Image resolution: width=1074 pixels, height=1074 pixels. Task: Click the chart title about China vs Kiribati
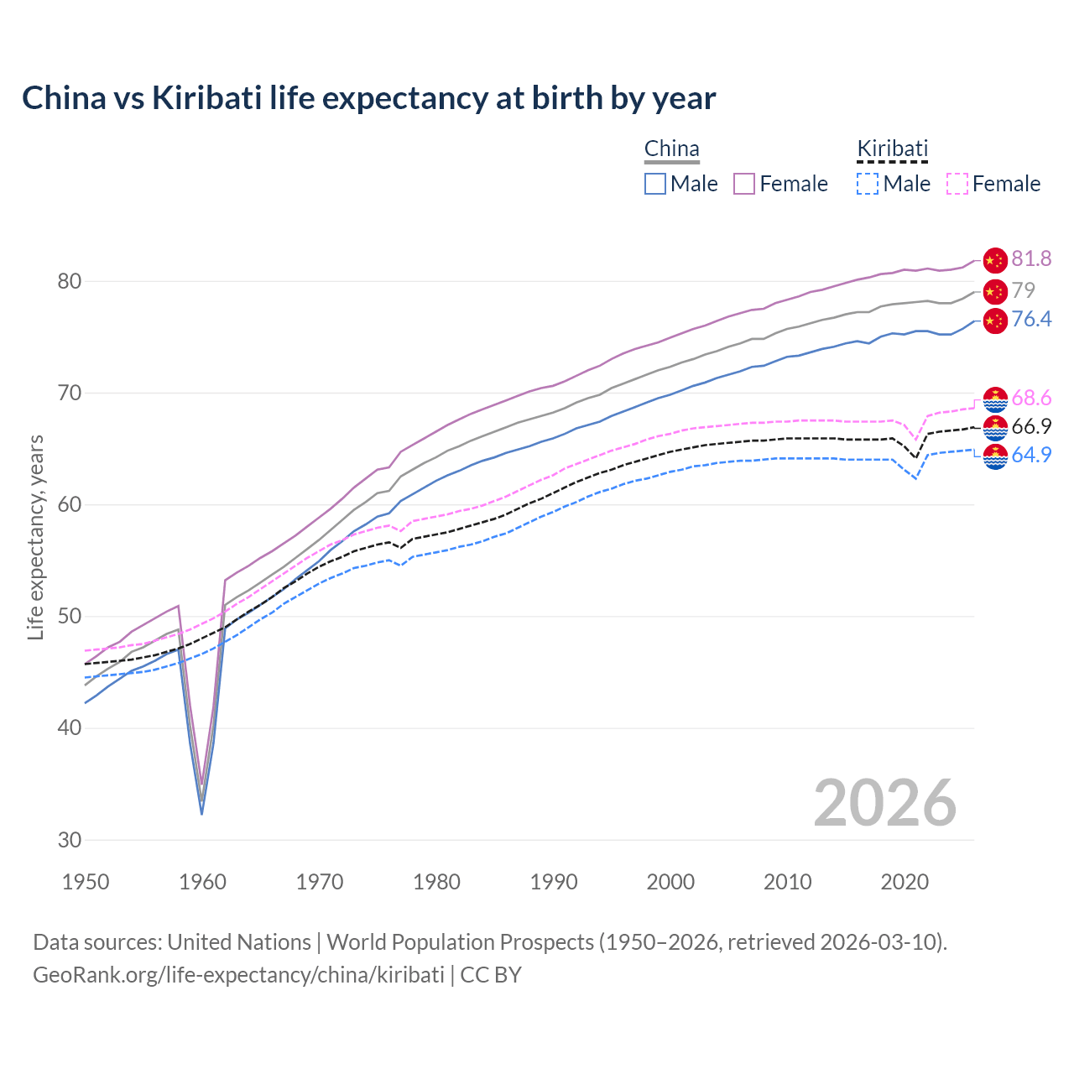368,98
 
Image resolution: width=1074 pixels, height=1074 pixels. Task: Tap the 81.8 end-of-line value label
1031,258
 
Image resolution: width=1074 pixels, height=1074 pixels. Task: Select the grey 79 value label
1024,290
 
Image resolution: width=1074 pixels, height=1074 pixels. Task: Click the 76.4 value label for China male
1031,319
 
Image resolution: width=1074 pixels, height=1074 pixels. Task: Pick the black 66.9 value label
1031,426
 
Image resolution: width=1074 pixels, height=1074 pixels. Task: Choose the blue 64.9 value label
1031,455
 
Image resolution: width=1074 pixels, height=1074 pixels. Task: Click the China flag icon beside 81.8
994,260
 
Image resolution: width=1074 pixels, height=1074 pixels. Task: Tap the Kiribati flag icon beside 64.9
994,457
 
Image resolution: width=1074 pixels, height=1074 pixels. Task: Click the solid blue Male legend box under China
655,184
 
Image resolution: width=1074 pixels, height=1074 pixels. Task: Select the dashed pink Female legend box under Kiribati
957,184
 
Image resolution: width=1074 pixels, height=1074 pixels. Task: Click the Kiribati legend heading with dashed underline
892,149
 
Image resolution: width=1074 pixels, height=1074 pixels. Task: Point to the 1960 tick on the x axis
203,882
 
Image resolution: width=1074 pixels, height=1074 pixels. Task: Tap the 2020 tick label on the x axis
905,882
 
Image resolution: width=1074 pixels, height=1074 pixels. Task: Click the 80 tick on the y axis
70,281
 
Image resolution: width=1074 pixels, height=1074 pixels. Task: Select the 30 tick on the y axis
70,840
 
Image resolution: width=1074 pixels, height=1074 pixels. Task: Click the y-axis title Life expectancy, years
35,537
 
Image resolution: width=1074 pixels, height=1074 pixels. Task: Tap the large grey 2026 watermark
884,803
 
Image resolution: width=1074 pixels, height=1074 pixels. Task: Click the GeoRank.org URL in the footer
238,975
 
